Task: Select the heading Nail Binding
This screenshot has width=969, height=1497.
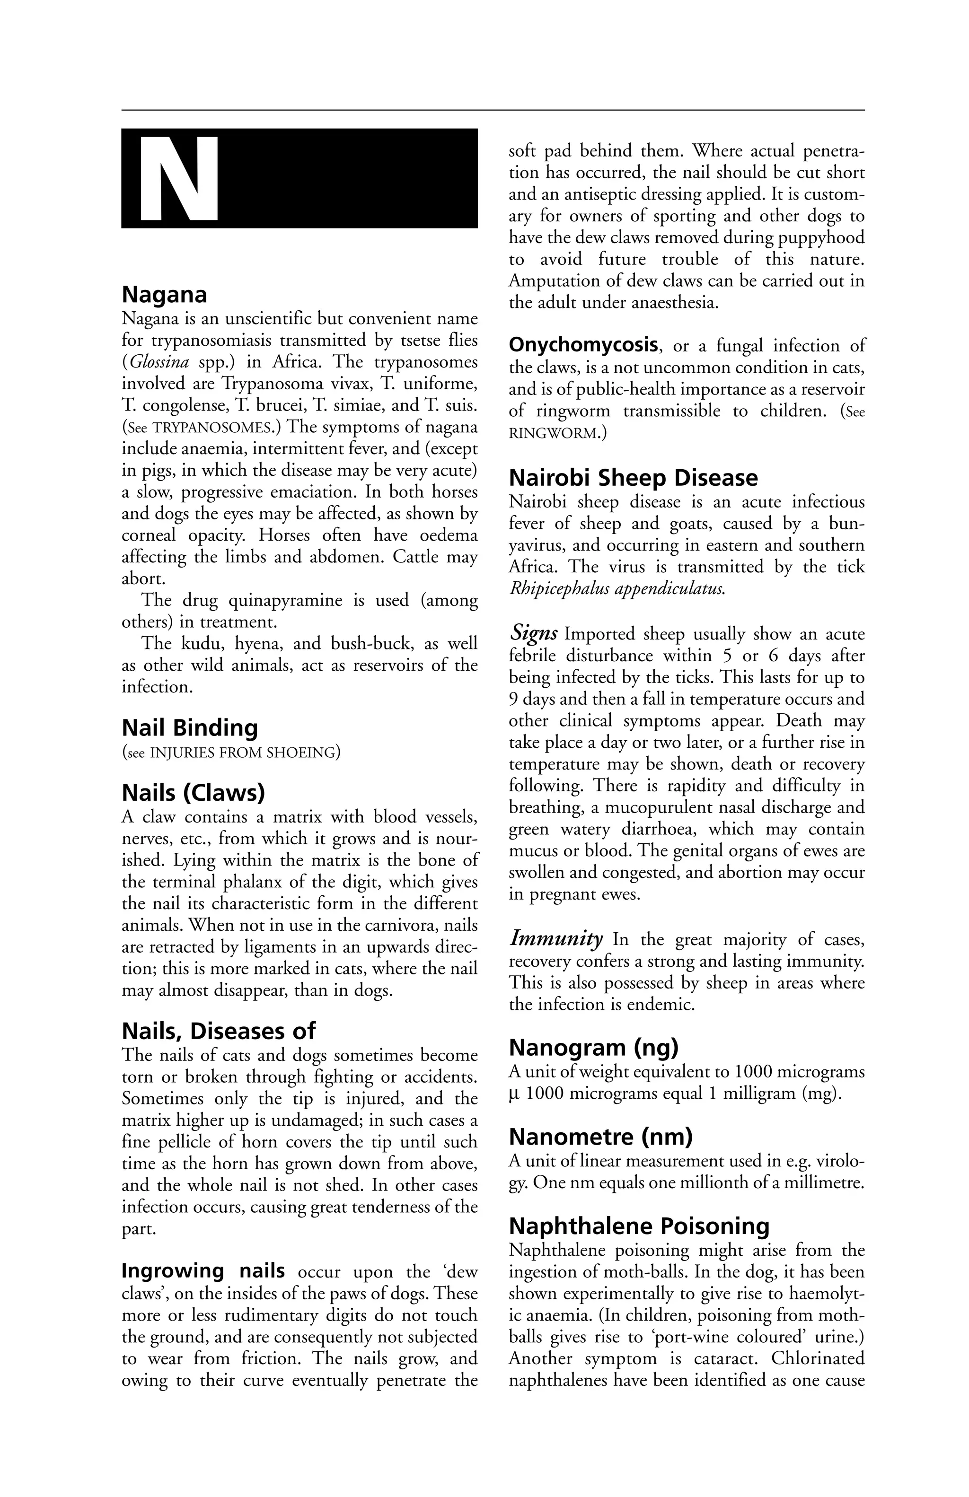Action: (x=189, y=728)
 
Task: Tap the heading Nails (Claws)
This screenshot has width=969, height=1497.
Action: (x=193, y=793)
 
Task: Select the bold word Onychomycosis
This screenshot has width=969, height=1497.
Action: (x=582, y=345)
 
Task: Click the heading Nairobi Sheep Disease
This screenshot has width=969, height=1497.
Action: (x=633, y=478)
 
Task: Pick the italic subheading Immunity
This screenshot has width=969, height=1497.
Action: (x=555, y=938)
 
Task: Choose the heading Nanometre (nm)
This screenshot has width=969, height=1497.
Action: (x=600, y=1137)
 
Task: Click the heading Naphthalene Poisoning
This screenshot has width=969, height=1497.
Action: (x=639, y=1226)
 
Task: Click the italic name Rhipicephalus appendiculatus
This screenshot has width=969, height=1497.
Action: (x=617, y=589)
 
